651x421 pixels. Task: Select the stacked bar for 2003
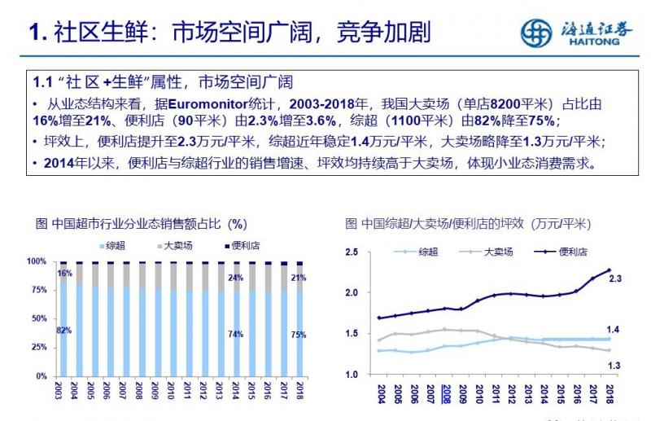pos(63,318)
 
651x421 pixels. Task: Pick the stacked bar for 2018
pos(299,318)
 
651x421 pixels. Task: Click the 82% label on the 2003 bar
pos(63,331)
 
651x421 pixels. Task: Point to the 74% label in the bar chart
pos(236,334)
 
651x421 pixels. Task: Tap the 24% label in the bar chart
pos(236,278)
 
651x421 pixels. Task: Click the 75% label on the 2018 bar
pos(299,334)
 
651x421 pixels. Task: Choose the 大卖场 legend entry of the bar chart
pos(174,244)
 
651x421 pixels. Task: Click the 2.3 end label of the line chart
pos(615,278)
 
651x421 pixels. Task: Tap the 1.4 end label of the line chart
pos(615,329)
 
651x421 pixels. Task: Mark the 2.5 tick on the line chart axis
pos(351,252)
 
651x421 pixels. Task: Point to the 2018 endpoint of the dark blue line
pos(609,270)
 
